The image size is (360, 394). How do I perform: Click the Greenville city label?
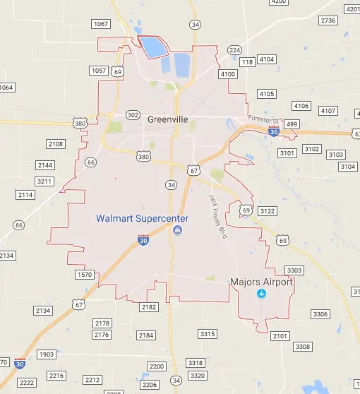[x=168, y=119]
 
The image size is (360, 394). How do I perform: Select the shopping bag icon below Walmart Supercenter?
[x=177, y=230]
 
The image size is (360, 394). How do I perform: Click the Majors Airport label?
[x=262, y=282]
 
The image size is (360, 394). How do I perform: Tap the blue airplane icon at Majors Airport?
[x=262, y=293]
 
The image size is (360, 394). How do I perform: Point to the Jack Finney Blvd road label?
[x=217, y=216]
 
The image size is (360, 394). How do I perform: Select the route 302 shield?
[x=133, y=114]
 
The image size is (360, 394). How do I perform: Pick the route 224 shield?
[x=234, y=50]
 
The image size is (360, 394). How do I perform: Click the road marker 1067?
[x=101, y=24]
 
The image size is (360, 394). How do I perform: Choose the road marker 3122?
[x=268, y=211]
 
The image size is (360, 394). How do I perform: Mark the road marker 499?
[x=292, y=124]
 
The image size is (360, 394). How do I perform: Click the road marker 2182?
[x=148, y=307]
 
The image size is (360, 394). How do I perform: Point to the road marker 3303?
[x=294, y=270]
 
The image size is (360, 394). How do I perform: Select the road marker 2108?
[x=55, y=144]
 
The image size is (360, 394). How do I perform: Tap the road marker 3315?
[x=208, y=333]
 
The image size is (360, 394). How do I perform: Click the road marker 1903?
[x=47, y=354]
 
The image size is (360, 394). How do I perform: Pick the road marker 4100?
[x=227, y=74]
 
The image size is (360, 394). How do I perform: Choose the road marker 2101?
[x=279, y=336]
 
